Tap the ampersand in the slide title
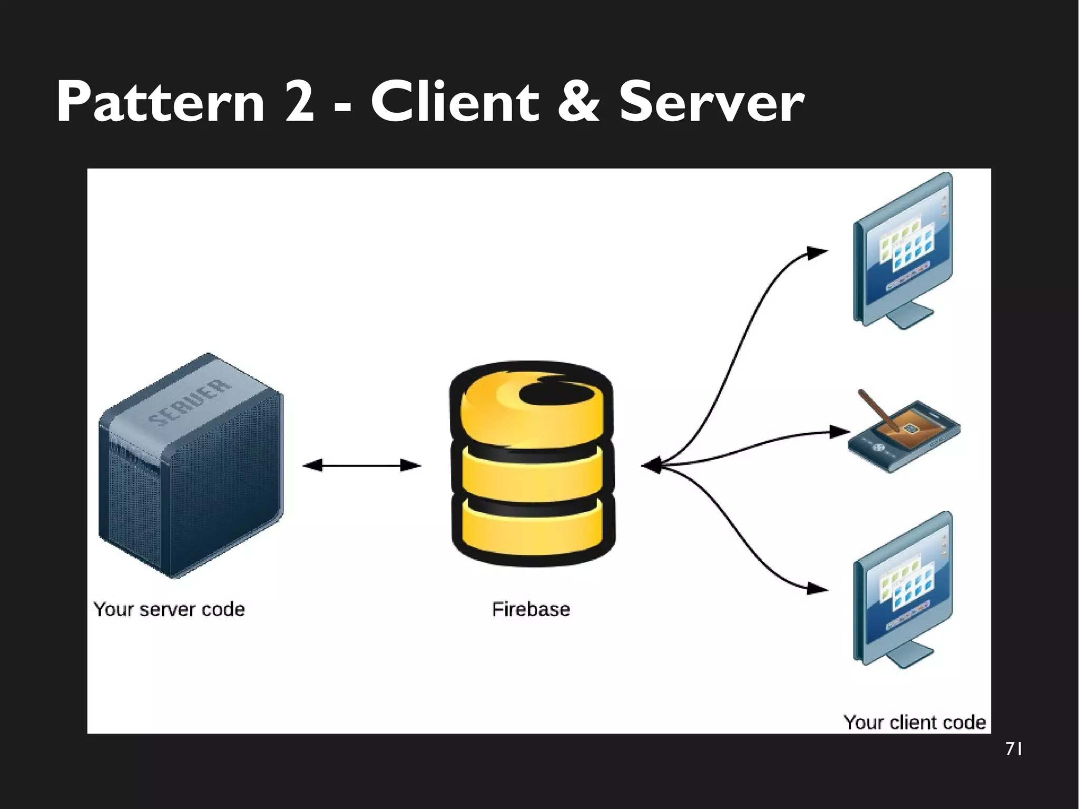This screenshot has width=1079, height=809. point(578,102)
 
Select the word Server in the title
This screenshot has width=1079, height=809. point(711,102)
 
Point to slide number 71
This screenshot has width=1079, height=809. point(1014,749)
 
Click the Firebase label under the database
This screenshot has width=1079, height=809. point(531,609)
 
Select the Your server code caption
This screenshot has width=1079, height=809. point(169,609)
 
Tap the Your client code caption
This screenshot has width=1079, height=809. point(914,722)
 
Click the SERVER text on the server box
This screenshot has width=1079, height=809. point(190,403)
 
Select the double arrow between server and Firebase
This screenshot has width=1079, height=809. point(362,465)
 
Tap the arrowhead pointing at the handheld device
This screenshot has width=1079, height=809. point(839,432)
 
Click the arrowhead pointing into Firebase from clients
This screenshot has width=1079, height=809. point(651,465)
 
